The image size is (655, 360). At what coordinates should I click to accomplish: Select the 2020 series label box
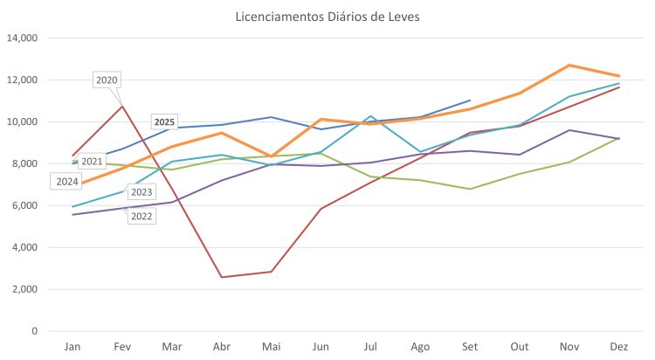click(107, 80)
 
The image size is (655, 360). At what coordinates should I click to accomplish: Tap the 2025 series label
click(164, 121)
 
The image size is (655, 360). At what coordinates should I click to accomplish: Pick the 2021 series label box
click(92, 162)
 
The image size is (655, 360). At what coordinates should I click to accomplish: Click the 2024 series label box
click(66, 182)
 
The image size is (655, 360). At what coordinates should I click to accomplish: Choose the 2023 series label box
click(141, 192)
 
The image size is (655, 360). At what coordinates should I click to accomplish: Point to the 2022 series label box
click(141, 216)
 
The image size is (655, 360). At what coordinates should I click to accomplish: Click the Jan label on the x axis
click(72, 347)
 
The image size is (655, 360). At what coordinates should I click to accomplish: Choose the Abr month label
click(222, 347)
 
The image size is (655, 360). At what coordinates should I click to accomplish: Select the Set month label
click(470, 347)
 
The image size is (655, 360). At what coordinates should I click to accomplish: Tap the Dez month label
click(619, 347)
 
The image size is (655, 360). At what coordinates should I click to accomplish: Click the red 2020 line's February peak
click(123, 104)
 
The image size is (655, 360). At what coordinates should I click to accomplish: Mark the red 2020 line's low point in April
click(222, 277)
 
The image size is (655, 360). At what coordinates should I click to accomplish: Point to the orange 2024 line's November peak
click(569, 65)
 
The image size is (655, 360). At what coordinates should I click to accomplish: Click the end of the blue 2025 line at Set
click(470, 100)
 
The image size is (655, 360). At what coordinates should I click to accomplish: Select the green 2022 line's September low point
click(470, 189)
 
